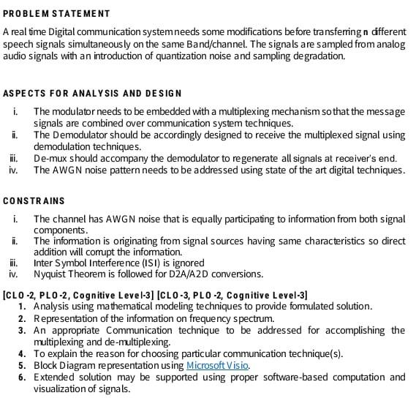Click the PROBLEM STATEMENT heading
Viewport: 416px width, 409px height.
pos(56,14)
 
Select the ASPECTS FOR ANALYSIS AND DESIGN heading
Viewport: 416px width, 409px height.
pos(92,93)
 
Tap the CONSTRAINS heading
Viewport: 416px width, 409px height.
pos(34,200)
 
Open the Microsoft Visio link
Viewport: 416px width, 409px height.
pos(218,364)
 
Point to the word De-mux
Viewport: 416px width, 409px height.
pos(50,159)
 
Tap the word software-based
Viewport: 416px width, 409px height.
pos(292,377)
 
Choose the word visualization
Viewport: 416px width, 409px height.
pos(61,389)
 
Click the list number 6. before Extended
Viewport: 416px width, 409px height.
pos(22,377)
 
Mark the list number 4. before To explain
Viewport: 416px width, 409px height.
pos(22,353)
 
